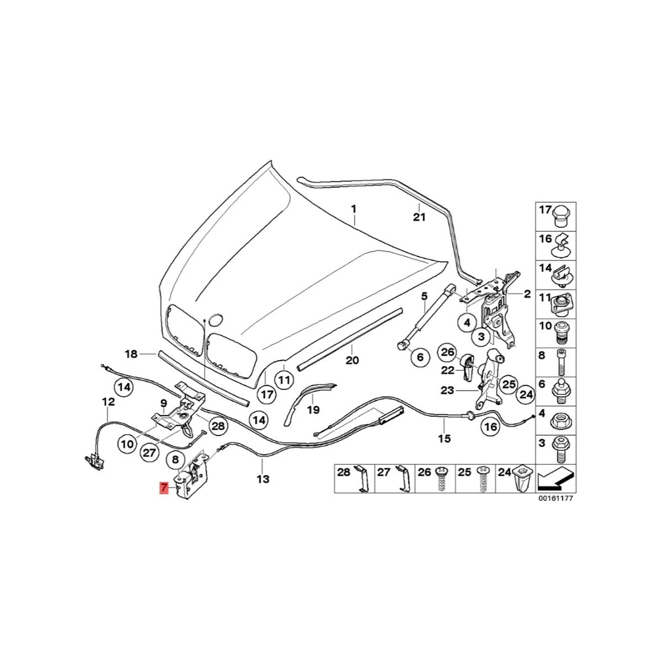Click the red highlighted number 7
(164, 488)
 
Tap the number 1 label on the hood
(354, 210)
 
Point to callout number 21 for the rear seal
(420, 217)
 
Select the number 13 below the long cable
(263, 479)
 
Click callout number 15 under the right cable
(444, 439)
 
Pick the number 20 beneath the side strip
(352, 360)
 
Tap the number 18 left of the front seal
(130, 354)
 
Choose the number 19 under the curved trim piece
(313, 409)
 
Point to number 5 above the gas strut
(424, 296)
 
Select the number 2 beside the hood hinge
(527, 294)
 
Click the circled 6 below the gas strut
(420, 357)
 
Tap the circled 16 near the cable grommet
(490, 426)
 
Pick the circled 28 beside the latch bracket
(218, 425)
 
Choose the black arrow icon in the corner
(556, 478)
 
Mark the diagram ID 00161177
(556, 498)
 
